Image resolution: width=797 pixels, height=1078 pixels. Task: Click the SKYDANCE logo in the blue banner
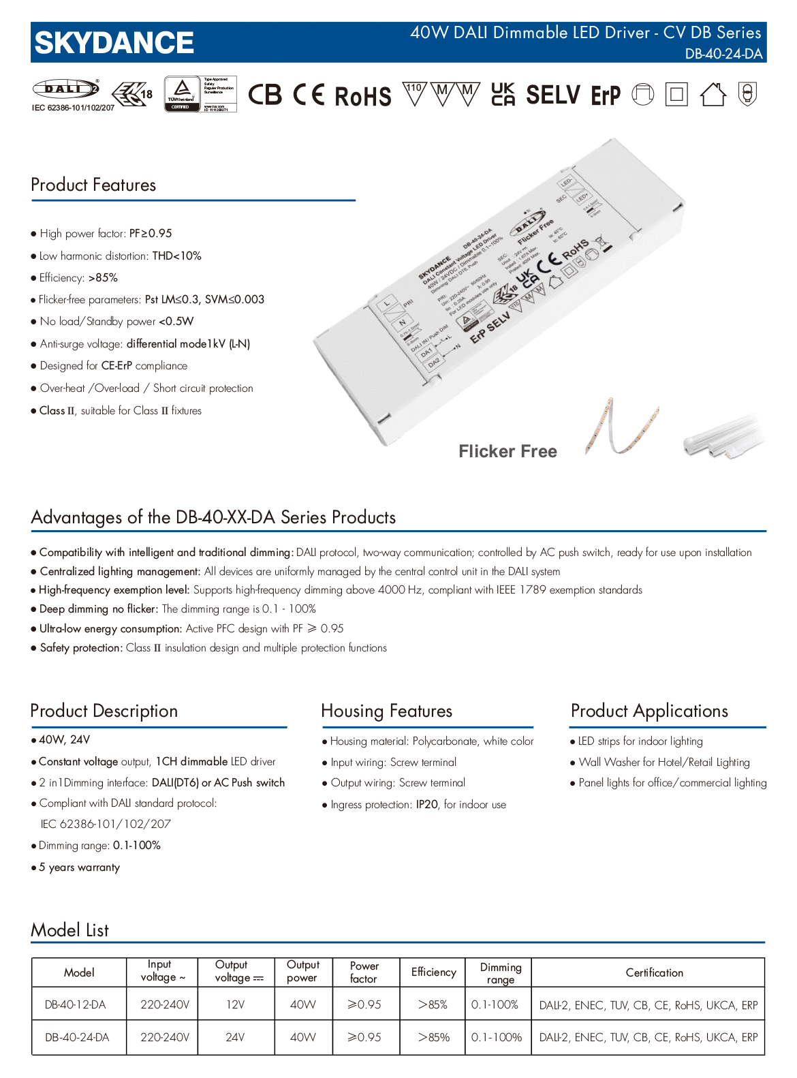point(114,42)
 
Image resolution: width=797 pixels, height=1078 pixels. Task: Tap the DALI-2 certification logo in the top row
point(66,89)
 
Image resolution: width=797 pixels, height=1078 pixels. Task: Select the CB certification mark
point(265,95)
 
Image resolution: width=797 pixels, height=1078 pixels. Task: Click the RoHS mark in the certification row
point(363,96)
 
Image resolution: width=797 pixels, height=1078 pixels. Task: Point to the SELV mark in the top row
point(552,95)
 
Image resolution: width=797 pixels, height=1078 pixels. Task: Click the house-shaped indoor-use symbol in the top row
point(713,95)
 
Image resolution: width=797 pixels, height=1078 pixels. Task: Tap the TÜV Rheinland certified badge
point(182,94)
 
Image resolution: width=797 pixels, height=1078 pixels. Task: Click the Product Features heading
point(93,185)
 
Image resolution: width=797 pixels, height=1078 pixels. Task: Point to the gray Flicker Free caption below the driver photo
point(507,451)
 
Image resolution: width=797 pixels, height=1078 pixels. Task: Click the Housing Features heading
point(386,711)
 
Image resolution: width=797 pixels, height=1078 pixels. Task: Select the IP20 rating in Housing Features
point(427,804)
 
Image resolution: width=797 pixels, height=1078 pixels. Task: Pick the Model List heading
point(69,929)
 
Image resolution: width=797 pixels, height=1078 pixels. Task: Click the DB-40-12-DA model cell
point(75,1004)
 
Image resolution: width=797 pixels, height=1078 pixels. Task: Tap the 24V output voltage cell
point(234,1037)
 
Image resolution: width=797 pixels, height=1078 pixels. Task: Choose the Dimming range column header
point(500,973)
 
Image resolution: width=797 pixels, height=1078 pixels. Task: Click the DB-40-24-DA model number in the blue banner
point(723,54)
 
